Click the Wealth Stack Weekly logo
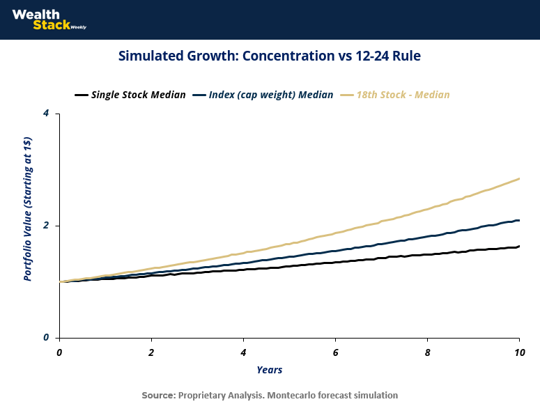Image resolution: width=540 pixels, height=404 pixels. tap(49, 20)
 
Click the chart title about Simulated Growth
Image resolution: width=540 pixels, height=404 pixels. tap(270, 56)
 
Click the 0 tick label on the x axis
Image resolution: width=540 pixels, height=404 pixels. tap(60, 352)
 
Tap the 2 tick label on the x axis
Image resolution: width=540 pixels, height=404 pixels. tap(152, 352)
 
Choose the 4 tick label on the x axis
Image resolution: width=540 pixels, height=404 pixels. tap(244, 352)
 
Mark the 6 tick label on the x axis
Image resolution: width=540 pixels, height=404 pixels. tap(336, 352)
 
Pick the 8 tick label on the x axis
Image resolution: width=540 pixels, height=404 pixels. tap(428, 352)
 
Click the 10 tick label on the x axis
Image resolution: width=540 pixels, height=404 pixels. tap(519, 352)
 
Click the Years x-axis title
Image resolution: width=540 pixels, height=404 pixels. tap(269, 369)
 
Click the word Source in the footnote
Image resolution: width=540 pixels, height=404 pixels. tap(158, 395)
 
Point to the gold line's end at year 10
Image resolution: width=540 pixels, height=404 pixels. tap(519, 179)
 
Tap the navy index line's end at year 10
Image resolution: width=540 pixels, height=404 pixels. tap(519, 220)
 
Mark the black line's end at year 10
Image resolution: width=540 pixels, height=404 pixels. tap(519, 246)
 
